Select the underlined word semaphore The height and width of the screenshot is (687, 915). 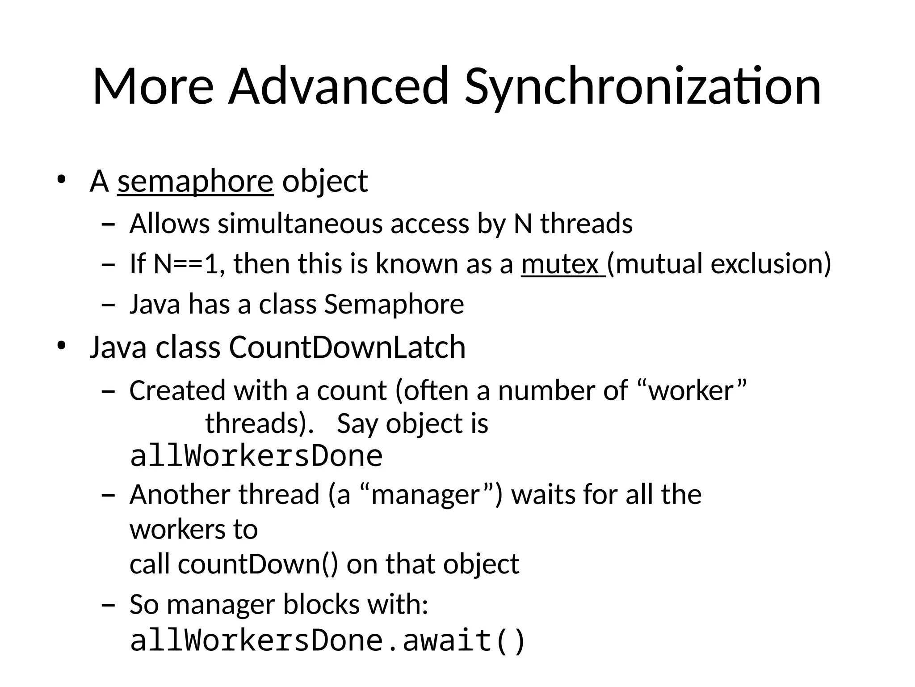[x=195, y=181]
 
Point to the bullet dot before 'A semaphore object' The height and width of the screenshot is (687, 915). [x=61, y=180]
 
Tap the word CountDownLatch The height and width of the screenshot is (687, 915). [x=347, y=347]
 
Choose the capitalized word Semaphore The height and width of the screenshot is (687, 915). [x=394, y=305]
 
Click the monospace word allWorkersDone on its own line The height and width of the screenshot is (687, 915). [x=256, y=456]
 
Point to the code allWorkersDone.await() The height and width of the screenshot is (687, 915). [x=327, y=640]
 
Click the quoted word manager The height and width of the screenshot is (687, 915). [x=425, y=496]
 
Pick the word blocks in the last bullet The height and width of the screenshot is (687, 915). [x=322, y=605]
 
